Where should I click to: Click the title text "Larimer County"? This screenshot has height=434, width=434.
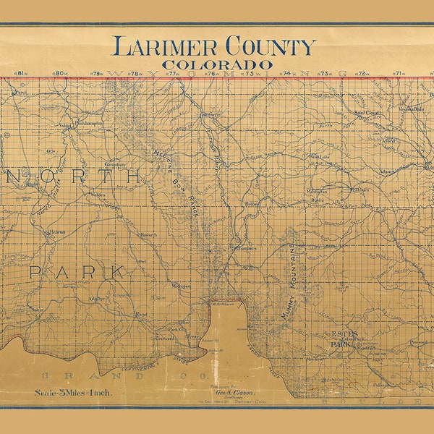[213, 46]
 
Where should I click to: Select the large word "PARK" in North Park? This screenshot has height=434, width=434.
[77, 272]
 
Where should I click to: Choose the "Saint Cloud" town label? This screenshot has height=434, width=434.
[367, 113]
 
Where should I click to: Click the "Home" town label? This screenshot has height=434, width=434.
[252, 205]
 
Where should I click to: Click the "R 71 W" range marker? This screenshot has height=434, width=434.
[398, 73]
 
